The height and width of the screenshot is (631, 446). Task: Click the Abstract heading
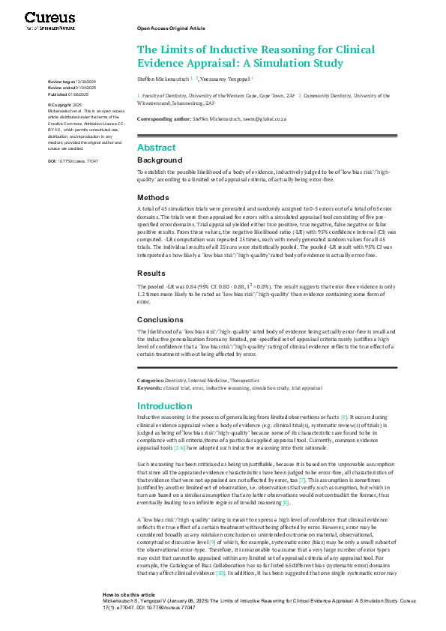(x=156, y=148)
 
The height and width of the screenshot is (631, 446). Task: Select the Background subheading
(x=159, y=160)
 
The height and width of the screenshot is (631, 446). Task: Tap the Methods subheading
(x=154, y=199)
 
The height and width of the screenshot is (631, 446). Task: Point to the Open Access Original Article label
(x=171, y=27)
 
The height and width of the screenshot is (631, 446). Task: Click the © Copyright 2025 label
(x=66, y=105)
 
